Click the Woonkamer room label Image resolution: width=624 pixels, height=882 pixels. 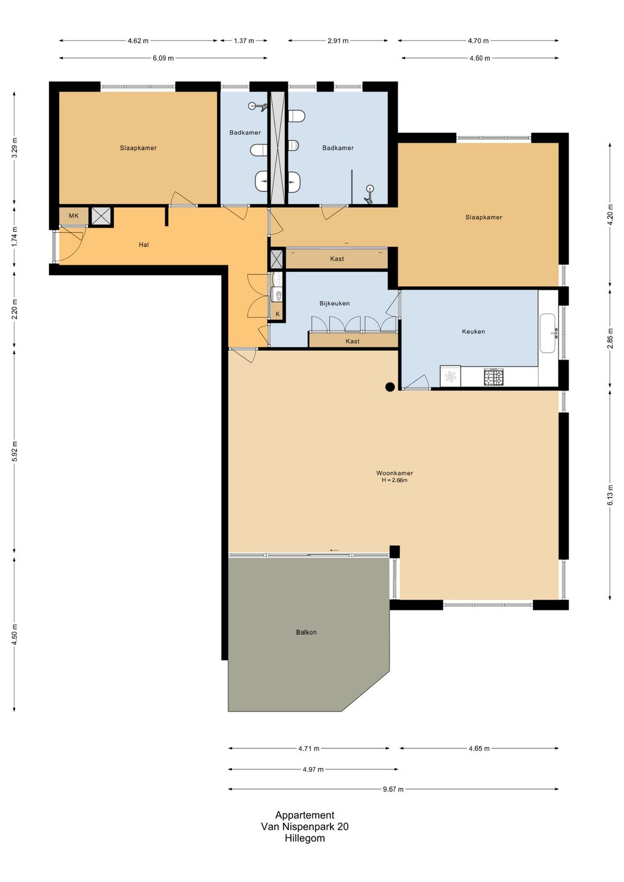[x=395, y=473]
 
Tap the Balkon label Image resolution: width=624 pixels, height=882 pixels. [x=306, y=632]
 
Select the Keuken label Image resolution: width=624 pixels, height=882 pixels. [x=473, y=331]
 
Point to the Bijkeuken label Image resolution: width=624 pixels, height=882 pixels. [x=334, y=303]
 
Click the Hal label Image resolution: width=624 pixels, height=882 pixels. [x=144, y=244]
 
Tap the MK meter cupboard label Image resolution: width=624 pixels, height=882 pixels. [x=73, y=216]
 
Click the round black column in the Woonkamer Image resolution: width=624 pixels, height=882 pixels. [x=390, y=387]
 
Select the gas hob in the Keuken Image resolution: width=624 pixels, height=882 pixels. [x=493, y=377]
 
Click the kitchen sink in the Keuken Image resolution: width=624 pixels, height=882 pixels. [x=548, y=333]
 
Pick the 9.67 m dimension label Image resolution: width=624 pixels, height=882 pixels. [x=393, y=789]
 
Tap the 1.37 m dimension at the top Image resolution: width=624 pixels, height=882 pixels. [x=244, y=40]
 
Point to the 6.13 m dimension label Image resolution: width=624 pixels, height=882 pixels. [x=610, y=496]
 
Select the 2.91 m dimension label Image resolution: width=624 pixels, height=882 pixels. [x=338, y=40]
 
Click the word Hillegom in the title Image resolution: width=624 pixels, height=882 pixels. [x=304, y=838]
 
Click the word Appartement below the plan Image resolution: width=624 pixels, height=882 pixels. [x=304, y=815]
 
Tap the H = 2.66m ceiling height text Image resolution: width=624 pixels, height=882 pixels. [x=395, y=480]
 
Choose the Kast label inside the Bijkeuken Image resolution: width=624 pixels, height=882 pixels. [x=352, y=341]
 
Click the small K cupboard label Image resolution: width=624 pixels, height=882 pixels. [x=277, y=314]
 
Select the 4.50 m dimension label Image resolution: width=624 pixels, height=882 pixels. [x=14, y=634]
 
